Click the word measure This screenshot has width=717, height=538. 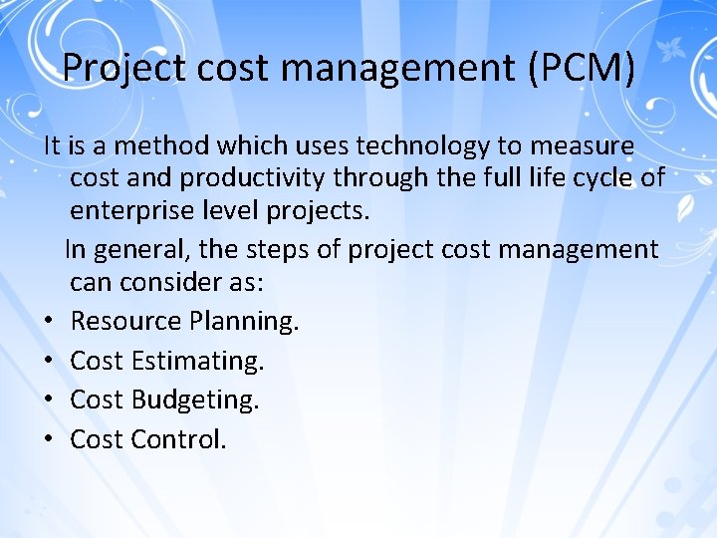582,145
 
